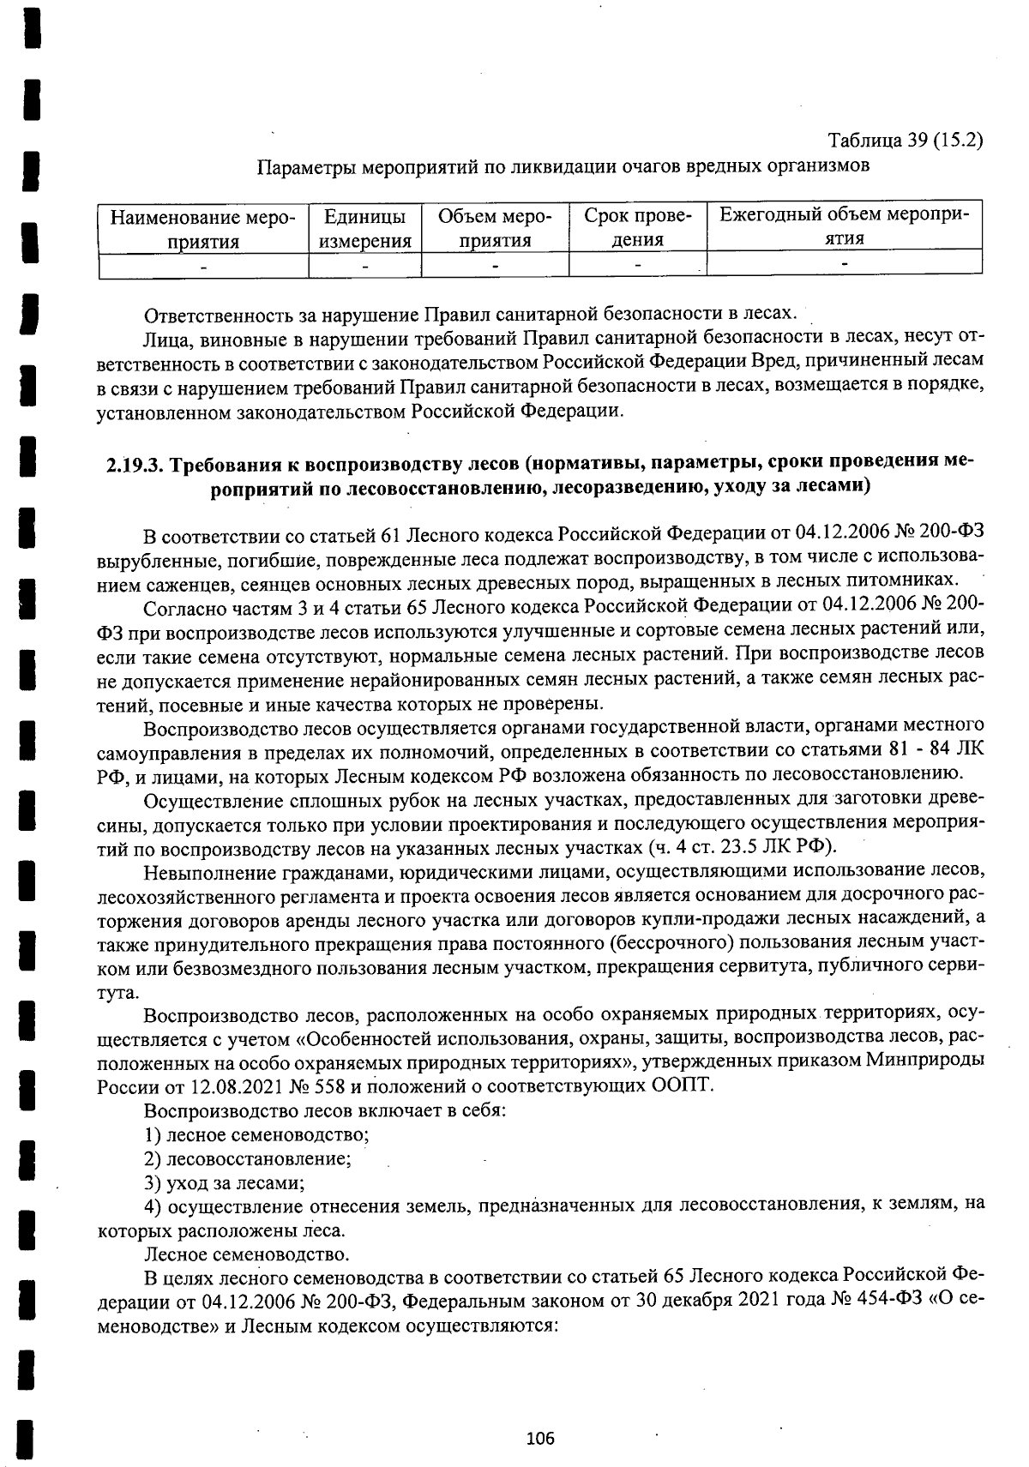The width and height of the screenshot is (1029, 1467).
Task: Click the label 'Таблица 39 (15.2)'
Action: (905, 140)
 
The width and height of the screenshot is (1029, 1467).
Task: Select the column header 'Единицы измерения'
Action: (364, 227)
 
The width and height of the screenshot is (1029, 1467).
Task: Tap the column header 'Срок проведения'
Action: (637, 227)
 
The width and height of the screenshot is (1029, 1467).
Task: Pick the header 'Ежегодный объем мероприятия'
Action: (844, 225)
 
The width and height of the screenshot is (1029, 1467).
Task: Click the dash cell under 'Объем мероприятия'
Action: (495, 266)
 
